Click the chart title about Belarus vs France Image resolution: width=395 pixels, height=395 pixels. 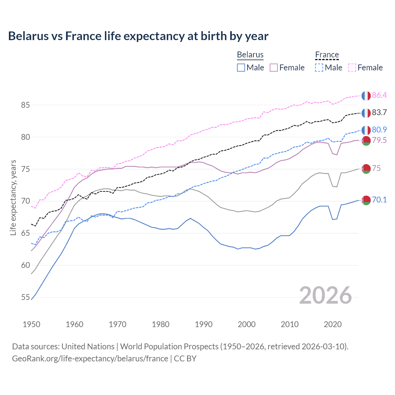pos(138,36)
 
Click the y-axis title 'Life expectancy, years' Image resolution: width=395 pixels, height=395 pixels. pos(13,197)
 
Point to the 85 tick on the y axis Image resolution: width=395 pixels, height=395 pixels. pos(25,105)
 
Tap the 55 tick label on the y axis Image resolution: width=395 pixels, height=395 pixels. pos(25,297)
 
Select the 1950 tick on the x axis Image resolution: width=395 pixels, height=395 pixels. pos(31,324)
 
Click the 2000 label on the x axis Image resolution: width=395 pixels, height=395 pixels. pos(247,324)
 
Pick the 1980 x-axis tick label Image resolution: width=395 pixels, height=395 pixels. pos(160,324)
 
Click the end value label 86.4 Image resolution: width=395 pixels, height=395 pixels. pos(379,95)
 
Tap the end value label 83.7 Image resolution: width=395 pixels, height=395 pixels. pos(379,112)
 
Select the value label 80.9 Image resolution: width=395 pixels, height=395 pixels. pos(379,130)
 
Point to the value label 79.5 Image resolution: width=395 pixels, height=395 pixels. pos(379,140)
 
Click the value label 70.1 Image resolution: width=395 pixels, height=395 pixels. pos(379,200)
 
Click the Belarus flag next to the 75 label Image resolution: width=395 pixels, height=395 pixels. pos(366,168)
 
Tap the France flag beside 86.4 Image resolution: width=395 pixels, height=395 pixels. pos(366,96)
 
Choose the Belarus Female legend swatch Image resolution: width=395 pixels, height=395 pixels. pos(274,68)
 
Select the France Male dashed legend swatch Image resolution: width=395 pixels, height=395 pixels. pos(319,68)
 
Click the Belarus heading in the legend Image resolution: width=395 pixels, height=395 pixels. pos(250,55)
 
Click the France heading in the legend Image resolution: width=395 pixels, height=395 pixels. pos(327,55)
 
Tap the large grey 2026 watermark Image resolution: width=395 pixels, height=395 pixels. pos(326,295)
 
